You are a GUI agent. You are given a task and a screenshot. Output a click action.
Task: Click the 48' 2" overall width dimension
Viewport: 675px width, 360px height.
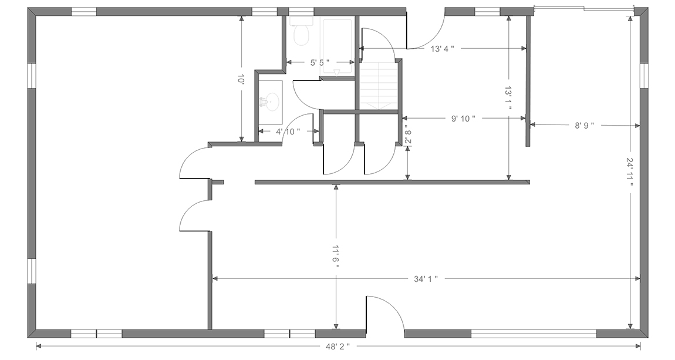(x=338, y=346)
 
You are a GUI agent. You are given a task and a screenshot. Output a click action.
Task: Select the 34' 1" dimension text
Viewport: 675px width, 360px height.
(x=426, y=279)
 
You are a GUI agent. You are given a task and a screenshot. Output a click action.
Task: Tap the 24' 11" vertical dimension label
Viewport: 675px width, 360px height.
(x=630, y=171)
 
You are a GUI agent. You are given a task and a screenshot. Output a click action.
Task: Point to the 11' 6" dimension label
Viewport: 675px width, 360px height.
(x=336, y=257)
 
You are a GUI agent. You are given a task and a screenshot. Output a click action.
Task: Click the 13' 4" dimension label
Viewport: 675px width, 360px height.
(x=443, y=49)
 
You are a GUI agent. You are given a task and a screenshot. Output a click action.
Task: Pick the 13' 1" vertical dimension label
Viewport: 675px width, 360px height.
(x=508, y=98)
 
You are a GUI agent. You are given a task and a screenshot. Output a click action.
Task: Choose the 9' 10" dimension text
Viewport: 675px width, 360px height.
(x=463, y=119)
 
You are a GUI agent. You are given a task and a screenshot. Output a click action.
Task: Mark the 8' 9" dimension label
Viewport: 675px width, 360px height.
(x=585, y=125)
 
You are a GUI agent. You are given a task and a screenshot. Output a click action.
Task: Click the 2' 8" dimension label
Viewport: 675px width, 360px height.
(x=408, y=133)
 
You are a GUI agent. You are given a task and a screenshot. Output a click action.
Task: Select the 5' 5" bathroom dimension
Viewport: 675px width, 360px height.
(x=320, y=62)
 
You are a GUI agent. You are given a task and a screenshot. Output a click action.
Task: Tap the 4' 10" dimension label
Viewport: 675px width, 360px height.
(x=288, y=132)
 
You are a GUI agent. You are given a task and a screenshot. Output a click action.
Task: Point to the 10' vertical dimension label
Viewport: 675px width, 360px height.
(x=241, y=79)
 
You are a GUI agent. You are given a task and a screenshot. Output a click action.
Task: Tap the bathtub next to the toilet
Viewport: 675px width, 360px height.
(x=338, y=48)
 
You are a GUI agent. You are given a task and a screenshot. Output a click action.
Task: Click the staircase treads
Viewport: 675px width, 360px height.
(x=377, y=85)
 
